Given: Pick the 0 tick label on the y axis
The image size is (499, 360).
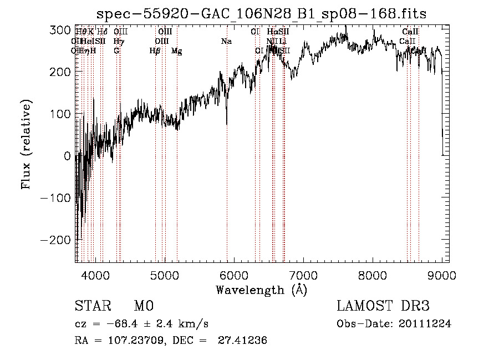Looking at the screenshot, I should [x=67, y=156].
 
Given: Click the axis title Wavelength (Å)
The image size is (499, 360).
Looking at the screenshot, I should [x=261, y=290].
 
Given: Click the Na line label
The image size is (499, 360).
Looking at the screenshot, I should [x=226, y=42].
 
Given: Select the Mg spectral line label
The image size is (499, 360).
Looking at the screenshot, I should [x=177, y=51].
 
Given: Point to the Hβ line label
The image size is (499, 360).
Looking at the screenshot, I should [x=155, y=51].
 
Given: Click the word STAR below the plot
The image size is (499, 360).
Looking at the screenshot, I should [x=93, y=306].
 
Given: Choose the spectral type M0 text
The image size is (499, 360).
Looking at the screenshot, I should [x=143, y=306].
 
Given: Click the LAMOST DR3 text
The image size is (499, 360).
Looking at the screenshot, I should [x=383, y=306].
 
